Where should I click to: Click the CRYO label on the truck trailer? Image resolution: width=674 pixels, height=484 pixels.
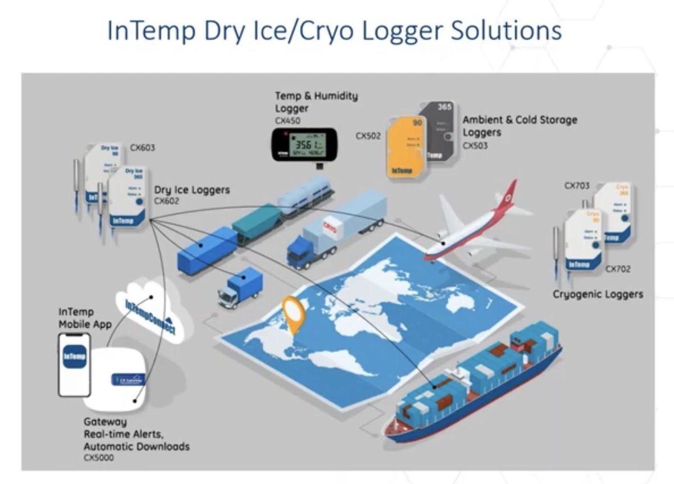330,226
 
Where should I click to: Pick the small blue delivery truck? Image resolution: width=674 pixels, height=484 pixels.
240,287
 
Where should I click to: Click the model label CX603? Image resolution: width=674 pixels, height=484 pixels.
143,148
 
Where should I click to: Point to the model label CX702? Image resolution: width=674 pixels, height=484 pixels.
618,269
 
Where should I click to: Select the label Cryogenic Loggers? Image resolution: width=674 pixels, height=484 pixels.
598,294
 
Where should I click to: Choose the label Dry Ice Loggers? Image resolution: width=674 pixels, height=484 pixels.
192,190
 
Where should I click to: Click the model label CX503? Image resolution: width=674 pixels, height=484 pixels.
475,146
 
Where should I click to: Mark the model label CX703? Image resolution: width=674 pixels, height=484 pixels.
577,185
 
